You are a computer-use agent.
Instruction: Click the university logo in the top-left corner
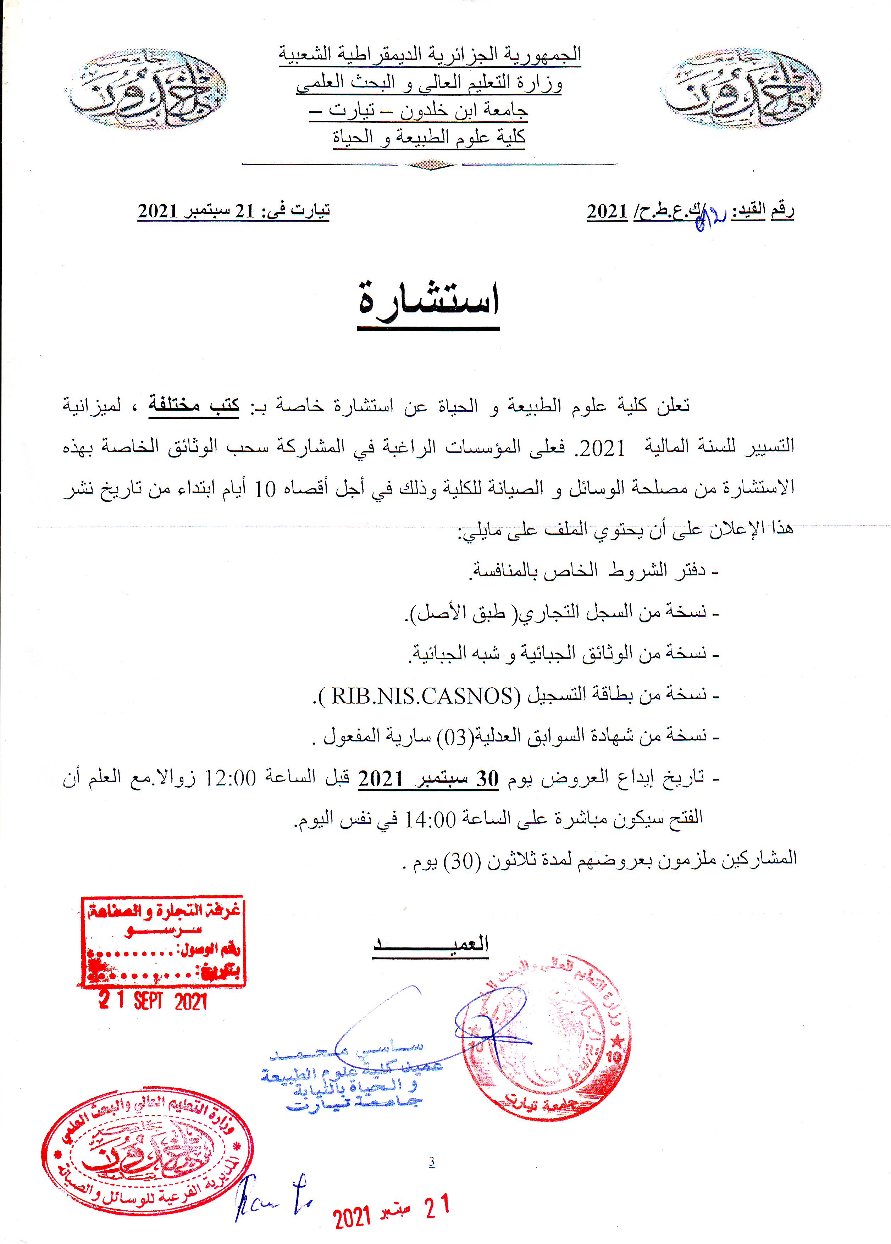pyautogui.click(x=147, y=89)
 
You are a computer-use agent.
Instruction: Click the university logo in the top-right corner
pyautogui.click(x=741, y=89)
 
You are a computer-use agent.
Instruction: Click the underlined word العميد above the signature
pyautogui.click(x=431, y=944)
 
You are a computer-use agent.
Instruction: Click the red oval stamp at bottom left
pyautogui.click(x=147, y=1152)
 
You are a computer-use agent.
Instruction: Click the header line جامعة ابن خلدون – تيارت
pyautogui.click(x=418, y=111)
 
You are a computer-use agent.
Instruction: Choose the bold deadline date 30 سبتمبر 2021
pyautogui.click(x=428, y=778)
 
